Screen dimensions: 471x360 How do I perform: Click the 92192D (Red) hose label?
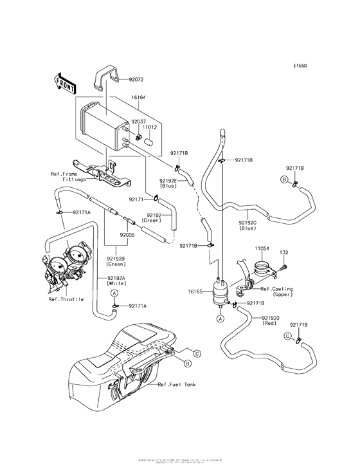click(x=271, y=320)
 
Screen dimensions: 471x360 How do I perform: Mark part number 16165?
click(x=196, y=291)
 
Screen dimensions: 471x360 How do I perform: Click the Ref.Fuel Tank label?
click(x=177, y=384)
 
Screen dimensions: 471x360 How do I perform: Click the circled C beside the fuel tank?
click(x=197, y=352)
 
